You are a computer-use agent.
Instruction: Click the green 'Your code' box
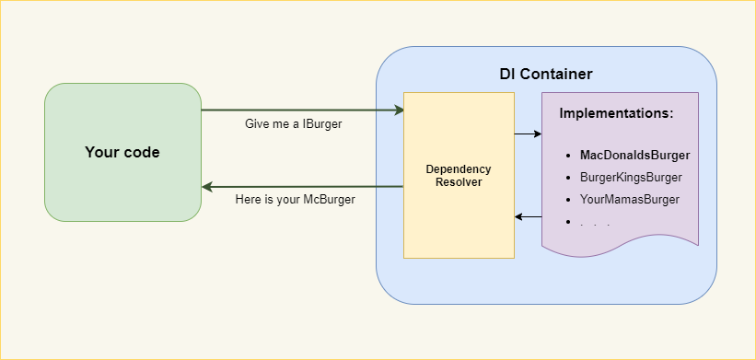pyautogui.click(x=122, y=153)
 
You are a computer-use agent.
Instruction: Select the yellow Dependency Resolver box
pyautogui.click(x=459, y=221)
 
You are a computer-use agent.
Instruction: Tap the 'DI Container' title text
pyautogui.click(x=546, y=74)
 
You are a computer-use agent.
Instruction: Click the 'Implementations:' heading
pyautogui.click(x=617, y=114)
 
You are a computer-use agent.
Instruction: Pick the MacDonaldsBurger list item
pyautogui.click(x=634, y=155)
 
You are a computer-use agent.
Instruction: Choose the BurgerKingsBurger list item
pyautogui.click(x=631, y=177)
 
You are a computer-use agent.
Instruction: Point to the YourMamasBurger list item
pyautogui.click(x=630, y=199)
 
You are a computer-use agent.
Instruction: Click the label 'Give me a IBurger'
pyautogui.click(x=294, y=123)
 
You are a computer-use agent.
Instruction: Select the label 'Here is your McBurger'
pyautogui.click(x=296, y=199)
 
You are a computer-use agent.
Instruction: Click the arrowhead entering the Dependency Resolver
pyautogui.click(x=399, y=110)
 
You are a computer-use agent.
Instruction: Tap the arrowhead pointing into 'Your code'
pyautogui.click(x=207, y=187)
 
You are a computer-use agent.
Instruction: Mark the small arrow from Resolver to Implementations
pyautogui.click(x=528, y=134)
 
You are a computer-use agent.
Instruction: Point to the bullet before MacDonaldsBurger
pyautogui.click(x=570, y=155)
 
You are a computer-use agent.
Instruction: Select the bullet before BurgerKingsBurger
pyautogui.click(x=570, y=177)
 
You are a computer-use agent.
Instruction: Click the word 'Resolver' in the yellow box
pyautogui.click(x=459, y=182)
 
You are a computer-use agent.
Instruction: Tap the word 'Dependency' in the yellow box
pyautogui.click(x=459, y=169)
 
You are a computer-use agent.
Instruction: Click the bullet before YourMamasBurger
pyautogui.click(x=570, y=199)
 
